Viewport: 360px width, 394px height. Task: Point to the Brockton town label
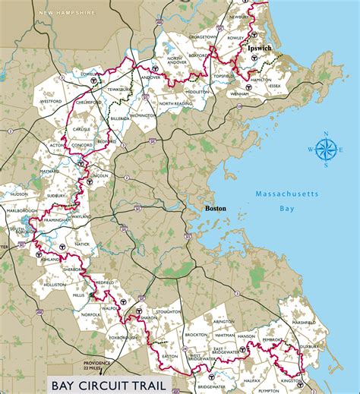[196, 334]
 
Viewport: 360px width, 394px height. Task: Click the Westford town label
[51, 100]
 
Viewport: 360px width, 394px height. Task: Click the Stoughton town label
[168, 311]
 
